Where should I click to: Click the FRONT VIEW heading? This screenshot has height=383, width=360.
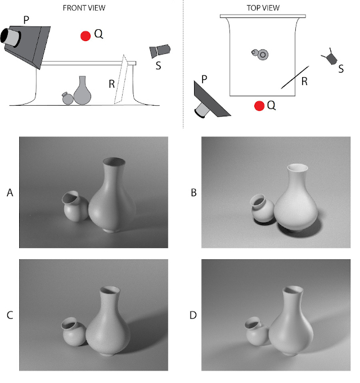pyautogui.click(x=84, y=8)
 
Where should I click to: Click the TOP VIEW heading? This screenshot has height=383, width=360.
pyautogui.click(x=263, y=8)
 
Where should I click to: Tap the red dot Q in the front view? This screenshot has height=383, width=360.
pyautogui.click(x=85, y=36)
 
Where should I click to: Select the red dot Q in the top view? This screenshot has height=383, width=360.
pyautogui.click(x=259, y=106)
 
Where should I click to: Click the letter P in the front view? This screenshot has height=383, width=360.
pyautogui.click(x=26, y=20)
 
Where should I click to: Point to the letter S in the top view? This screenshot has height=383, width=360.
pyautogui.click(x=341, y=69)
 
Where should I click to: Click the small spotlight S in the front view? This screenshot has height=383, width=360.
pyautogui.click(x=160, y=51)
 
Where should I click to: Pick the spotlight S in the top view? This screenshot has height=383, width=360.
pyautogui.click(x=330, y=57)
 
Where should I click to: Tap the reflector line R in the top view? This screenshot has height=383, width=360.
pyautogui.click(x=295, y=77)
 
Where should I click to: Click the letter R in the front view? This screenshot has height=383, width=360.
pyautogui.click(x=111, y=84)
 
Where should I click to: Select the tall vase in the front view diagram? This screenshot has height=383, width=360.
pyautogui.click(x=82, y=91)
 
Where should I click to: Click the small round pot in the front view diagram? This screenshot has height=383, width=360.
pyautogui.click(x=67, y=98)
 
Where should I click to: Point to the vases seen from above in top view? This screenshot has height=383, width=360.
pyautogui.click(x=260, y=54)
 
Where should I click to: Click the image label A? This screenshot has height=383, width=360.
pyautogui.click(x=10, y=193)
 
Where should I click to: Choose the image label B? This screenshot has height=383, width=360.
pyautogui.click(x=193, y=193)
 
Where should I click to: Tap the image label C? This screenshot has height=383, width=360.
pyautogui.click(x=10, y=315)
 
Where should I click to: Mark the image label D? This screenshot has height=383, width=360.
pyautogui.click(x=193, y=315)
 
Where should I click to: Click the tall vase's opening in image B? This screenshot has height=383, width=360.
pyautogui.click(x=297, y=168)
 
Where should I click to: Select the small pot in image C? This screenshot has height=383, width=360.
pyautogui.click(x=74, y=331)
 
